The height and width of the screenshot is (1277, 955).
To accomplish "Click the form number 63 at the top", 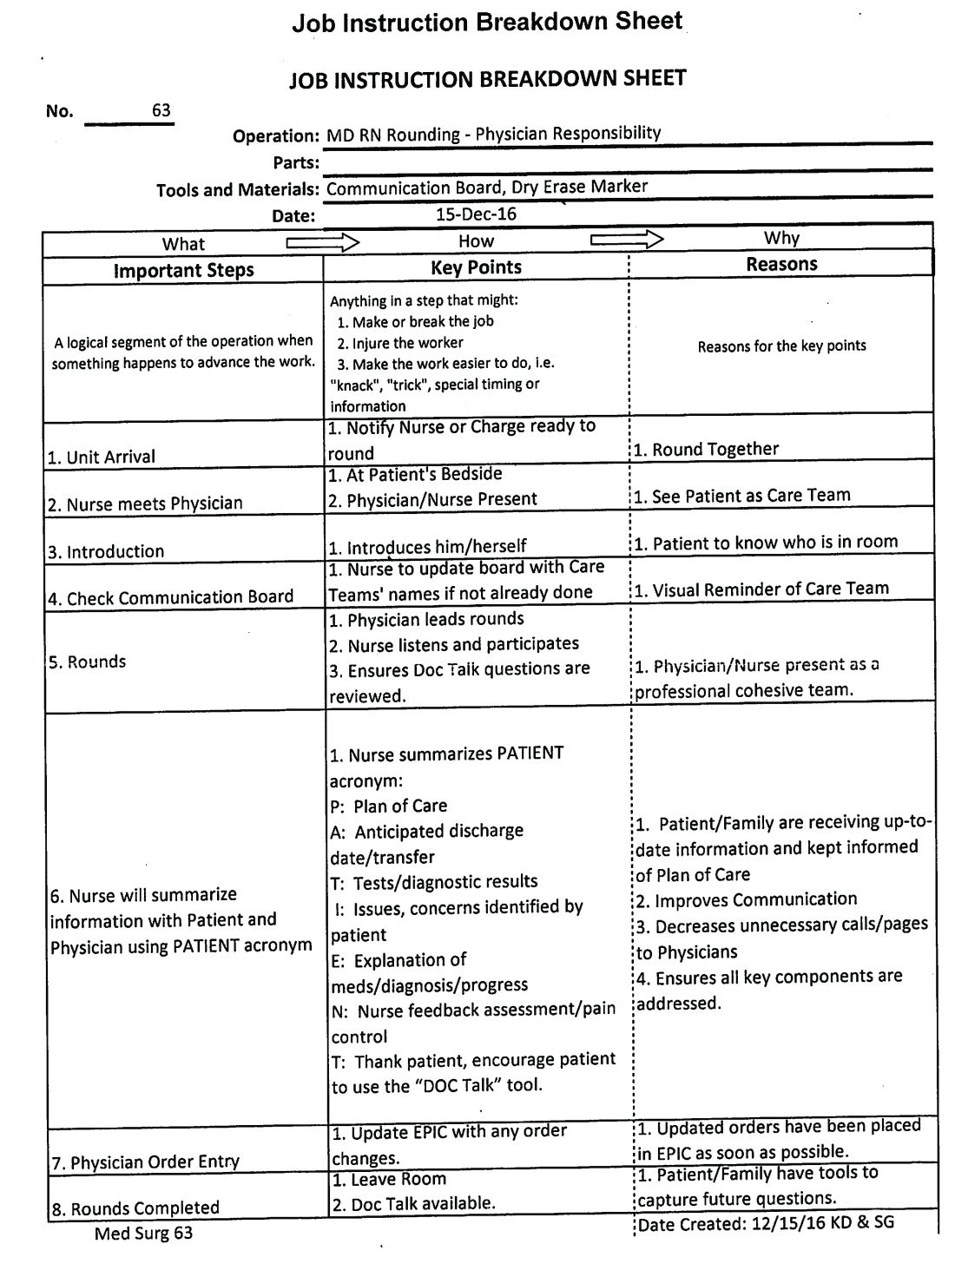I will pyautogui.click(x=161, y=110).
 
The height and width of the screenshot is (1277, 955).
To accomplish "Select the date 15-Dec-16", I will pyautogui.click(x=477, y=214).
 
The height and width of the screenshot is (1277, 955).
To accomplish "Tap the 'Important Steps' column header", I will pyautogui.click(x=183, y=270).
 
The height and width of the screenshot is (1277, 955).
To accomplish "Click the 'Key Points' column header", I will pyautogui.click(x=476, y=267).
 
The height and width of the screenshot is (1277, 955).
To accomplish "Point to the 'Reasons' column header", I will pyautogui.click(x=781, y=264).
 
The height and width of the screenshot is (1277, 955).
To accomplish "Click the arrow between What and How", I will pyautogui.click(x=322, y=242).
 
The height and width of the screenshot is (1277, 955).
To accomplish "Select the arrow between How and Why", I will pyautogui.click(x=627, y=240).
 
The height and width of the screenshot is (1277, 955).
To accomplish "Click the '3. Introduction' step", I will pyautogui.click(x=106, y=551).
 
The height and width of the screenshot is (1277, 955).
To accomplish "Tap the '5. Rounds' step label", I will pyautogui.click(x=87, y=662).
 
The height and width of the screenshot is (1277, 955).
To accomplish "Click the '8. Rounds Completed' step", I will pyautogui.click(x=135, y=1208).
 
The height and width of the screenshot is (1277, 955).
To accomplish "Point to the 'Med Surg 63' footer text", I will pyautogui.click(x=143, y=1233).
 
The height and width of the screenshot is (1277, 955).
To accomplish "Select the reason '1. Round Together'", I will pyautogui.click(x=706, y=449).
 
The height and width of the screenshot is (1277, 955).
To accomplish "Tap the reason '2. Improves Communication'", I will pyautogui.click(x=746, y=900).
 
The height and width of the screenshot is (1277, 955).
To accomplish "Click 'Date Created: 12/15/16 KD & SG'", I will pyautogui.click(x=766, y=1223).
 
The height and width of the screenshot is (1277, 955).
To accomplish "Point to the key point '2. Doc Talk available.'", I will pyautogui.click(x=412, y=1203).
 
